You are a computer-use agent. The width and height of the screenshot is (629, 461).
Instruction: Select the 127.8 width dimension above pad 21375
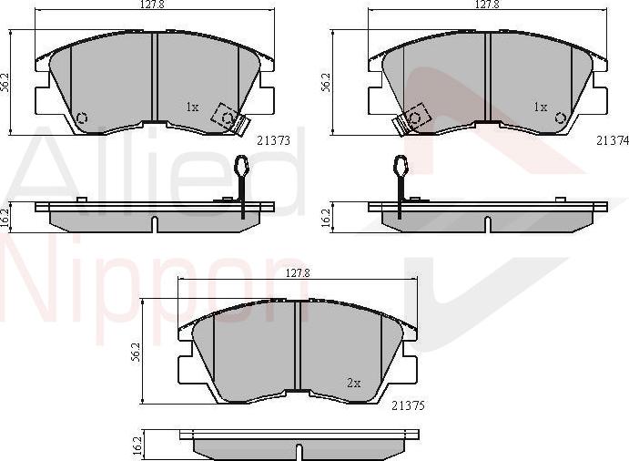[x=299, y=273]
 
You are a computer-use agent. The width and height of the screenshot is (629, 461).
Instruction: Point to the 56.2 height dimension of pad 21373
[x=5, y=82]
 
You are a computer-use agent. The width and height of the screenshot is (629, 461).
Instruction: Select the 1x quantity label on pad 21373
[x=191, y=108]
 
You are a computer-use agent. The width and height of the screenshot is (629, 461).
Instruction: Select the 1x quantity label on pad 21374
[x=541, y=108]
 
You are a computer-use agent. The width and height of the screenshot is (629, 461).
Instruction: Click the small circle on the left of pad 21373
[x=81, y=118]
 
